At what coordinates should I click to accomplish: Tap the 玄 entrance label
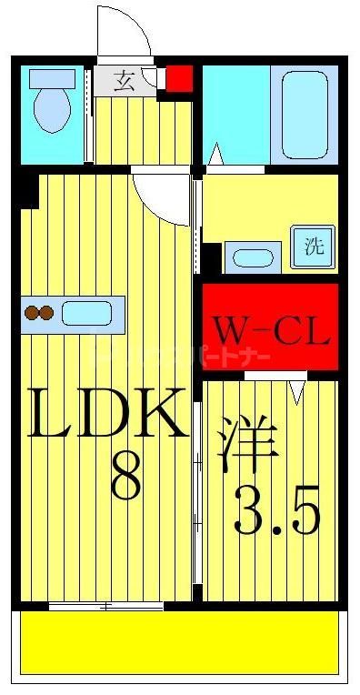(125, 81)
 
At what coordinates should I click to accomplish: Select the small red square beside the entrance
(179, 78)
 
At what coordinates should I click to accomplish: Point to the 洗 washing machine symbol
(313, 245)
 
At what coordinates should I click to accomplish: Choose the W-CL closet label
(270, 331)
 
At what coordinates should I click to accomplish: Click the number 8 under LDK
(125, 476)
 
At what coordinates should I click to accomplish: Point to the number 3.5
(278, 513)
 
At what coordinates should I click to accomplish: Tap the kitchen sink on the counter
(87, 314)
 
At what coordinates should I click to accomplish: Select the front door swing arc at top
(127, 32)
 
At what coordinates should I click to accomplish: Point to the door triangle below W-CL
(296, 390)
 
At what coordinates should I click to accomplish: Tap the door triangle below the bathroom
(215, 156)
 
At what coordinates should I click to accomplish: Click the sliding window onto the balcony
(106, 605)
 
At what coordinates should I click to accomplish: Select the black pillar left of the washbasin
(211, 258)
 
